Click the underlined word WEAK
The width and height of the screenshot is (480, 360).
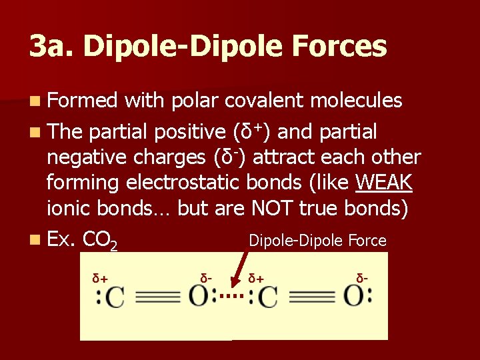click(385, 182)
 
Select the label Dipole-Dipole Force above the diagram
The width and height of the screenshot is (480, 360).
click(317, 240)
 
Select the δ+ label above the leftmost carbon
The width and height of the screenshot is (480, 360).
click(100, 277)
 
